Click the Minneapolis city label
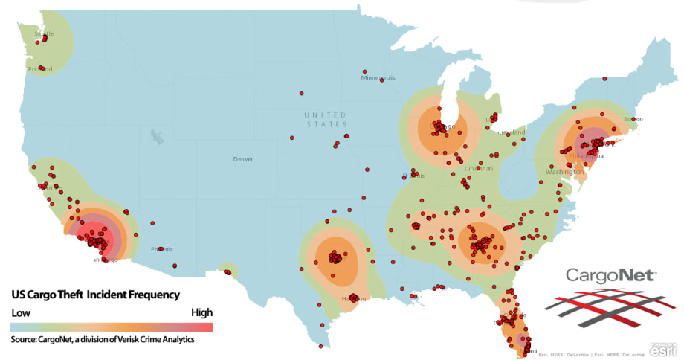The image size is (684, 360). [378, 77]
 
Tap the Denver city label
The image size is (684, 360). [243, 159]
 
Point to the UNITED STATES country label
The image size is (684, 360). [325, 119]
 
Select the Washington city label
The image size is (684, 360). [563, 171]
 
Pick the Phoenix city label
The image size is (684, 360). [161, 249]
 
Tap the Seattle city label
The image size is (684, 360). [44, 34]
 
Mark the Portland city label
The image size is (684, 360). [40, 69]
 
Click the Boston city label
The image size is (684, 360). [633, 119]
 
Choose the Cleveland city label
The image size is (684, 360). [512, 132]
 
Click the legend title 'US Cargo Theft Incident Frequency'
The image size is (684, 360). [95, 295]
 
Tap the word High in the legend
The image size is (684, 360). [201, 312]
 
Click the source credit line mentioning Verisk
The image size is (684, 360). [103, 339]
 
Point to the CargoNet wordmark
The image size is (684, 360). [611, 276]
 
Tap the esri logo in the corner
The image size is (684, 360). [662, 348]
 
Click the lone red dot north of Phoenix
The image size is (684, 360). [152, 221]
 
